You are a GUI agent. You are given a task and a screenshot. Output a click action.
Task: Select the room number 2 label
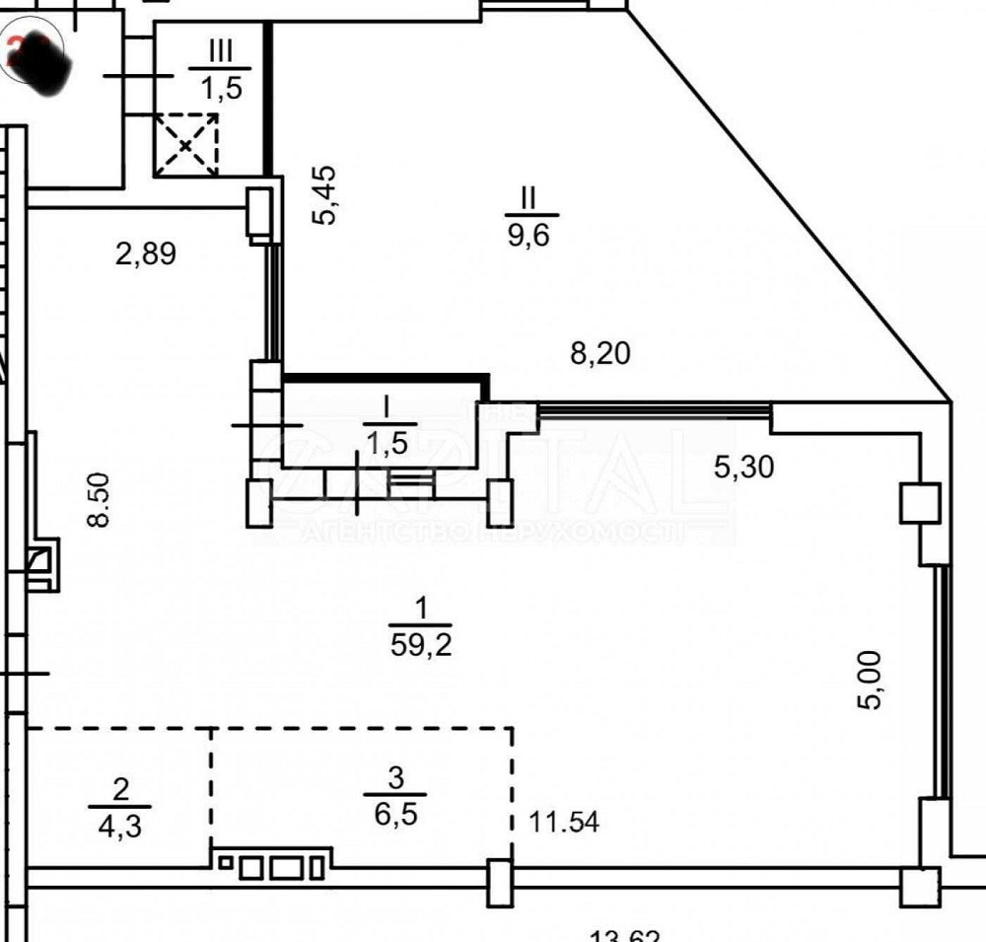pyautogui.click(x=120, y=788)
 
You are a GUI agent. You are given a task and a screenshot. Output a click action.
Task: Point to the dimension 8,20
pyautogui.click(x=600, y=351)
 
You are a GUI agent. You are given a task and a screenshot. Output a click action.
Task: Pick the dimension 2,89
pyautogui.click(x=146, y=254)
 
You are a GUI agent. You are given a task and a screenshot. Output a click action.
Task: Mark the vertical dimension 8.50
pyautogui.click(x=98, y=500)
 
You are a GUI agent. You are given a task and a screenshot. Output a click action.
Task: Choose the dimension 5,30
pyautogui.click(x=743, y=466)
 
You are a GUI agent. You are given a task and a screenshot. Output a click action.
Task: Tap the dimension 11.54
pyautogui.click(x=564, y=821)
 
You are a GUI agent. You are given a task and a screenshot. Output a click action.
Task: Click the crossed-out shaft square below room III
pyautogui.click(x=186, y=145)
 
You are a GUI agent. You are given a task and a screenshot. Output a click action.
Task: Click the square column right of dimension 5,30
pyautogui.click(x=919, y=504)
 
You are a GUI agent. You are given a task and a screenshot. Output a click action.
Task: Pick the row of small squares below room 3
pyautogui.click(x=271, y=867)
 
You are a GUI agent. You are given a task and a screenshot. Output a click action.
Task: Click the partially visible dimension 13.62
pyautogui.click(x=624, y=935)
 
